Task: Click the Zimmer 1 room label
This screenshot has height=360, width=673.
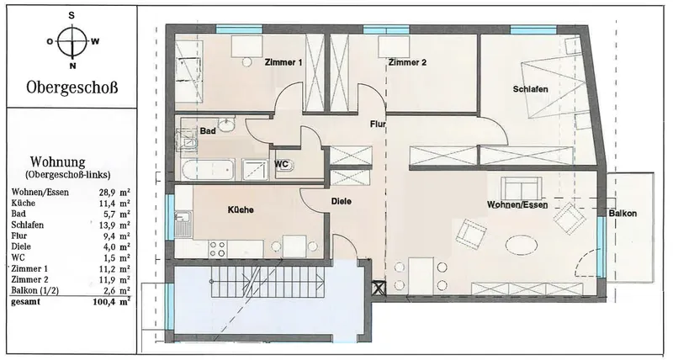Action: click(284, 62)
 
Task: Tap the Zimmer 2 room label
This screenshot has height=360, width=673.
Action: click(407, 62)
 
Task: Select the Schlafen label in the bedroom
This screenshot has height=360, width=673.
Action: click(531, 89)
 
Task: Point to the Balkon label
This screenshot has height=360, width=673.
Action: click(623, 214)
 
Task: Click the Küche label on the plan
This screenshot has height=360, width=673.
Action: click(241, 209)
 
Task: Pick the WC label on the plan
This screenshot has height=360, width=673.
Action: click(281, 164)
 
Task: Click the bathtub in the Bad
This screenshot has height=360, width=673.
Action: click(208, 170)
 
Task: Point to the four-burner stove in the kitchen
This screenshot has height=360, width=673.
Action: click(218, 248)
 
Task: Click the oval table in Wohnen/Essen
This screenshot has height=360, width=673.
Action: click(521, 246)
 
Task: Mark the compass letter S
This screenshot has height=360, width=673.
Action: click(72, 16)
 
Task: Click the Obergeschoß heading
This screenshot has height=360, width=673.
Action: click(72, 87)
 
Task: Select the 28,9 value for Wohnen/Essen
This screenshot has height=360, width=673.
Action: click(107, 193)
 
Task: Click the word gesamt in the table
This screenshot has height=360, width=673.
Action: click(26, 302)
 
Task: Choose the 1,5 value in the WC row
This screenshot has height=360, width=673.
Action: click(109, 258)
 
